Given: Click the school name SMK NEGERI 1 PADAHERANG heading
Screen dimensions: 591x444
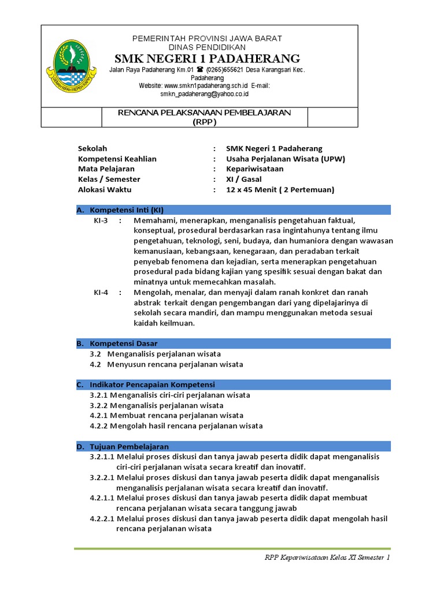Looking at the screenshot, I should click(x=207, y=58).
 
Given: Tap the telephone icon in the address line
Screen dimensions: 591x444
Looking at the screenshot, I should click(x=201, y=70).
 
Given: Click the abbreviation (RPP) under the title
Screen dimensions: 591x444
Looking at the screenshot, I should click(x=205, y=122).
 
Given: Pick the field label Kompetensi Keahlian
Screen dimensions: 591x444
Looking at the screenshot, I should click(x=117, y=159).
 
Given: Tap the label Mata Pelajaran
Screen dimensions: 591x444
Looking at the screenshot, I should click(x=106, y=169).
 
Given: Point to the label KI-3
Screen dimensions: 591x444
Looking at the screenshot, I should click(x=101, y=220).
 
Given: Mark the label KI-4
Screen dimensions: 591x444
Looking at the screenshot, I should click(x=101, y=292).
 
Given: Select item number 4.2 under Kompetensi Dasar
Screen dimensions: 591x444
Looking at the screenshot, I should click(x=95, y=364).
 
